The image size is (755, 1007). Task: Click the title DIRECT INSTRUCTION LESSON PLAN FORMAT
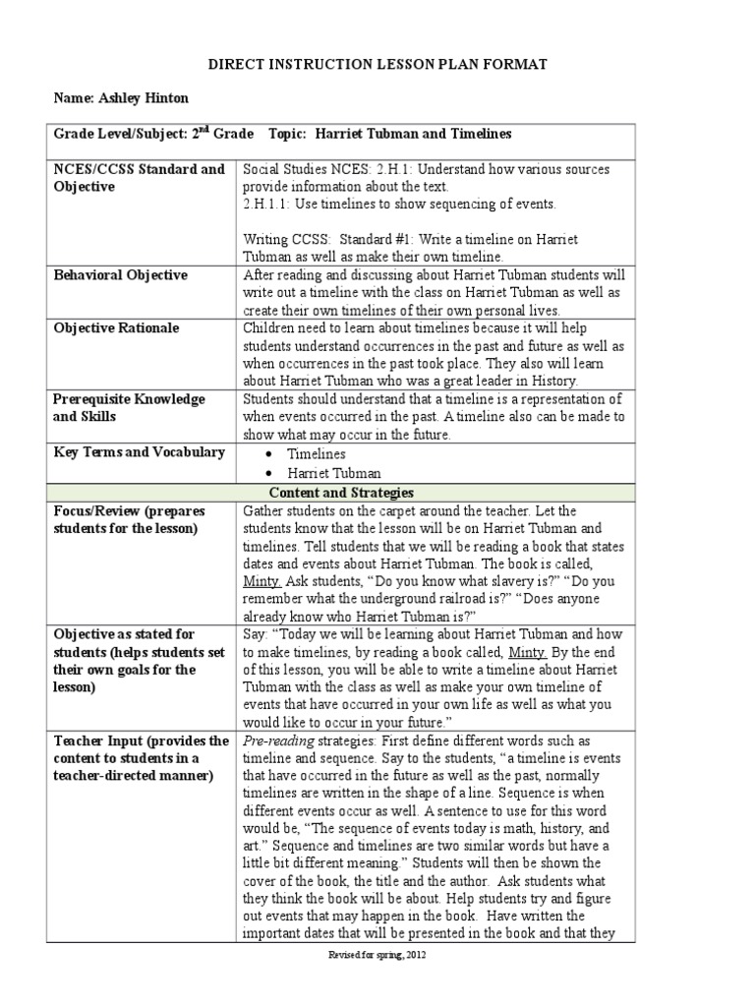click(377, 64)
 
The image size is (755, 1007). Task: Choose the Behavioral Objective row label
click(120, 275)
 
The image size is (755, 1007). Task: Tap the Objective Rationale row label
click(116, 328)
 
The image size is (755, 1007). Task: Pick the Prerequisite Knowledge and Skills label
click(129, 408)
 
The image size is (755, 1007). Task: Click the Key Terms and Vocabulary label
click(139, 452)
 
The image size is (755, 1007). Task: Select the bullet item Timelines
click(316, 454)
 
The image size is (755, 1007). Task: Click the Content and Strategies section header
click(340, 493)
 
